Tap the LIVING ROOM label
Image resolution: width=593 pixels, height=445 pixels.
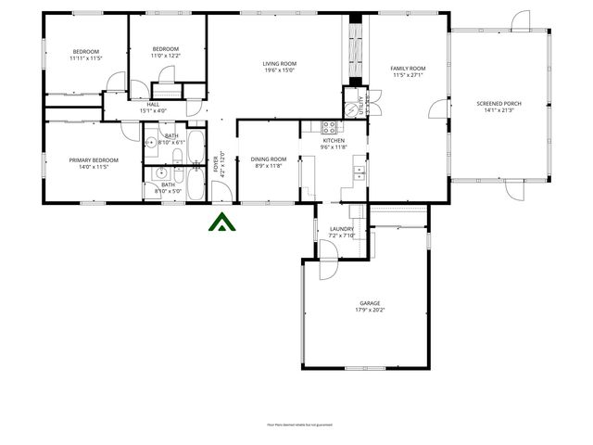[279, 63]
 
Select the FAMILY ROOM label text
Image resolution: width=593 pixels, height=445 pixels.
[408, 69]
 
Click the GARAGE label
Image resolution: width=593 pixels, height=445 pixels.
[370, 303]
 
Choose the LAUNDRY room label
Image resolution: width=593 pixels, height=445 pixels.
[342, 229]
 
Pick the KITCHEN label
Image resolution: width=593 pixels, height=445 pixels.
[334, 141]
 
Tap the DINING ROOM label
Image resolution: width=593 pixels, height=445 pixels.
[269, 159]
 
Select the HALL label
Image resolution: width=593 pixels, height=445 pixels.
[153, 105]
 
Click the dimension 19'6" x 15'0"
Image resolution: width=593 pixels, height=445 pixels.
[279, 70]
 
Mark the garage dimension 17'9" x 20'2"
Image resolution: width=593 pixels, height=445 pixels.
[370, 310]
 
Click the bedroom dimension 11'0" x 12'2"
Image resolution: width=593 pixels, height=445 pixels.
[165, 56]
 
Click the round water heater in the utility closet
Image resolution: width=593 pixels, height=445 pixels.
[350, 108]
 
